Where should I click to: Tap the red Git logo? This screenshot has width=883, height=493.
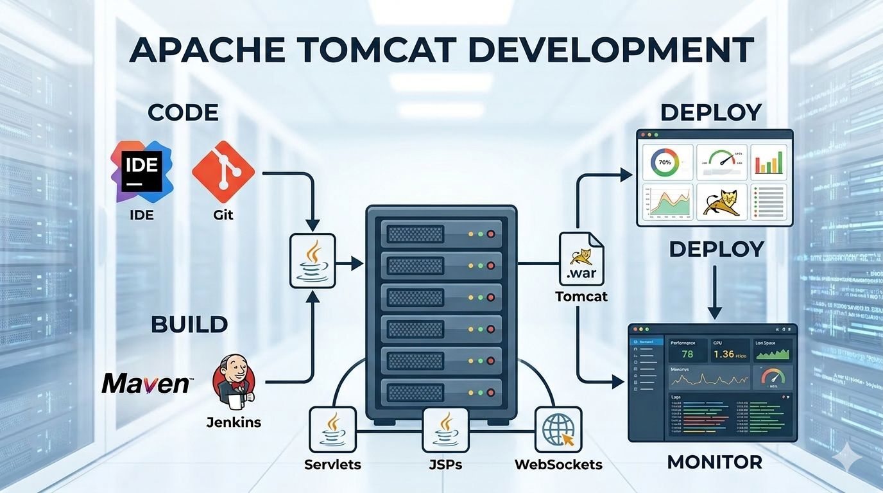click(x=223, y=171)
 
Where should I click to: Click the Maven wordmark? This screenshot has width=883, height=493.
click(x=146, y=383)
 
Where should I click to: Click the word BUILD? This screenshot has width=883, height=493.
click(x=189, y=324)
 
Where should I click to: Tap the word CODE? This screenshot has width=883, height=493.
click(x=183, y=113)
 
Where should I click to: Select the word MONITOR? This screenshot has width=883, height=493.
click(x=715, y=462)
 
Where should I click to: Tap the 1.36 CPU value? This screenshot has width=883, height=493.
click(x=723, y=354)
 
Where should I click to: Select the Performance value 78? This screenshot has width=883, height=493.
click(x=687, y=354)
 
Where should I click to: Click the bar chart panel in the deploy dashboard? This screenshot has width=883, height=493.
click(x=769, y=162)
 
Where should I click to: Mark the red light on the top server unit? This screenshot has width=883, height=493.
click(x=492, y=234)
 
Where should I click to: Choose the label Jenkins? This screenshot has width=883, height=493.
click(x=234, y=422)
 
